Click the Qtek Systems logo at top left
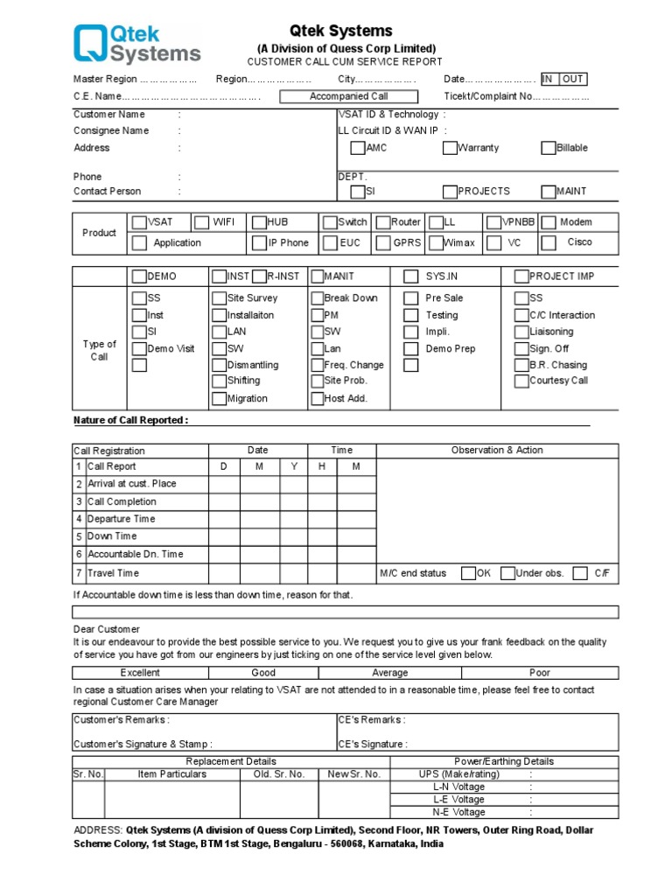coord(137,45)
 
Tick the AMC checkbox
coord(358,148)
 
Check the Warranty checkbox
coord(450,148)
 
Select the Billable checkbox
coord(549,148)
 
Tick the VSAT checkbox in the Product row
coord(139,222)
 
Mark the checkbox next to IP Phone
coord(259,242)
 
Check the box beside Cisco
coord(549,242)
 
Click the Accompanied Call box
coord(348,96)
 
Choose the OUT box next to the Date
coord(573,79)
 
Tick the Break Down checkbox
coord(318,298)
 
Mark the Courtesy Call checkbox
coord(521,381)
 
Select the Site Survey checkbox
coord(220,298)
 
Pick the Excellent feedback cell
coord(140,673)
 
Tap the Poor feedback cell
coord(540,673)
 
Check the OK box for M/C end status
coord(469,573)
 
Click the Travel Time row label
coord(113,573)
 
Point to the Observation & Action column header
coord(497,450)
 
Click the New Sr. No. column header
coord(353,774)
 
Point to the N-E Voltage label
coord(458,812)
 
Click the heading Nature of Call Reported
coord(130,420)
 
